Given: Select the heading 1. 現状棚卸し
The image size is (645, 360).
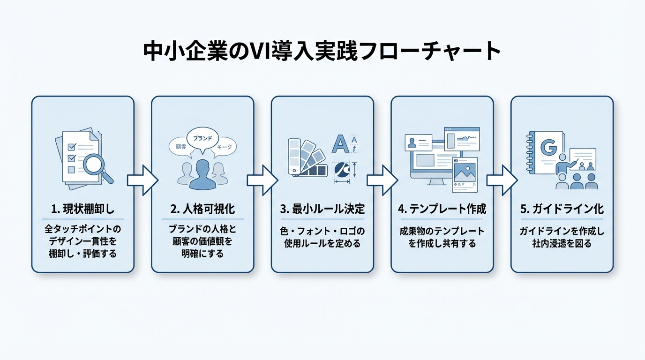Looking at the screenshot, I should [x=82, y=209].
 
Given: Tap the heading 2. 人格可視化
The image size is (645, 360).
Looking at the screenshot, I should [x=202, y=209].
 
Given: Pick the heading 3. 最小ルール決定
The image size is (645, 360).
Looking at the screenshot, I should [x=322, y=209].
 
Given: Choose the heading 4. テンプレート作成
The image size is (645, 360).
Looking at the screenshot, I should [x=442, y=209].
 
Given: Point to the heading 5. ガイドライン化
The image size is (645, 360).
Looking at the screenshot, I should [x=562, y=209].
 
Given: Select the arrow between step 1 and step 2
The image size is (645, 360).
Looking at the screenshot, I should [x=142, y=180].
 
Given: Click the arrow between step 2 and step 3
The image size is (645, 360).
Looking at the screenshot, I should [x=262, y=180].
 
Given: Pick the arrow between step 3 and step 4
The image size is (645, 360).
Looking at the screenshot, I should [x=382, y=180].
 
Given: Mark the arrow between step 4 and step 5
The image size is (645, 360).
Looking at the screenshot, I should [x=502, y=180].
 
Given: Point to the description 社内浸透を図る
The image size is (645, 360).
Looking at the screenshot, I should [x=562, y=243].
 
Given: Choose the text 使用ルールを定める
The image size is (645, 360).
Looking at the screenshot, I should [x=322, y=243].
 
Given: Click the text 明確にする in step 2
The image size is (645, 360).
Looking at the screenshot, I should [x=202, y=254].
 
